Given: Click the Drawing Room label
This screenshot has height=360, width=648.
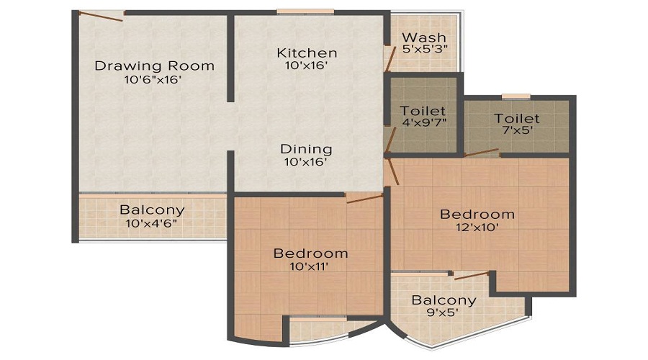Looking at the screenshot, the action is (x=154, y=66).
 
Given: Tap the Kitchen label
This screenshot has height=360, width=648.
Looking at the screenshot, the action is (x=307, y=53).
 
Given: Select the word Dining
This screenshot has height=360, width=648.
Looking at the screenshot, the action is (x=306, y=149).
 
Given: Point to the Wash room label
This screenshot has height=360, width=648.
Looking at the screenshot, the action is (x=424, y=37).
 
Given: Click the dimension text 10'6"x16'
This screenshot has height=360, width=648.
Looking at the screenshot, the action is (x=153, y=79).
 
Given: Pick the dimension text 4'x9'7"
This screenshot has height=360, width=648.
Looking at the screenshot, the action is (x=424, y=122).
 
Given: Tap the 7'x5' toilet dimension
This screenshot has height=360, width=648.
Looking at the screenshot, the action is (x=516, y=130).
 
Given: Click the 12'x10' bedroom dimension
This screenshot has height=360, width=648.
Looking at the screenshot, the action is (x=477, y=227).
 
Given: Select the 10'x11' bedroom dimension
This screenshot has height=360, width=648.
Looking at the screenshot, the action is (x=309, y=266).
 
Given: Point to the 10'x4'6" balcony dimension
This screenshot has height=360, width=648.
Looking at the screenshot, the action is (x=152, y=223).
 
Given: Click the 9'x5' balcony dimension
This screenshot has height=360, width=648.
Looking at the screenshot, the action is (x=442, y=312).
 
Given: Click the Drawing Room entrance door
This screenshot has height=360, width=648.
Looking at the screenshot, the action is (x=101, y=16).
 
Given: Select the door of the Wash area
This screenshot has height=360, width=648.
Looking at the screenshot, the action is (x=390, y=59).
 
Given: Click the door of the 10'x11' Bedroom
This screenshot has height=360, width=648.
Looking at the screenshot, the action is (x=365, y=199).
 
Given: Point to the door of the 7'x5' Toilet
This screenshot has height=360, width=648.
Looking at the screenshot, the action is (x=482, y=152).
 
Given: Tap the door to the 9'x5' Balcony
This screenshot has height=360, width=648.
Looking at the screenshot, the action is (x=471, y=275).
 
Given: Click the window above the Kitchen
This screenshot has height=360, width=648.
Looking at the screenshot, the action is (x=305, y=12).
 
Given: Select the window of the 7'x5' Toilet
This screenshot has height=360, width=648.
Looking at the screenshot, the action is (x=516, y=96).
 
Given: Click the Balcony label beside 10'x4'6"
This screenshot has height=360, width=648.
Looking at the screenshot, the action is (x=152, y=210).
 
